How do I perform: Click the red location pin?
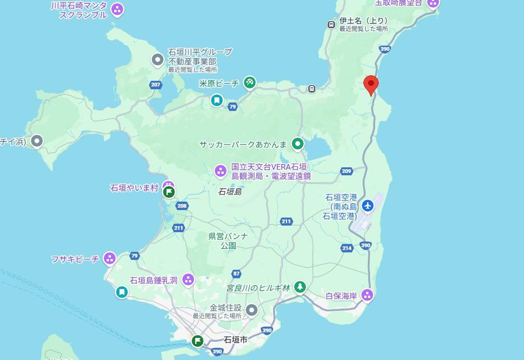pyautogui.click(x=371, y=84)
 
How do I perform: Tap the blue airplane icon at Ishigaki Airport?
pyautogui.click(x=368, y=206)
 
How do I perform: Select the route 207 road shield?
pyautogui.click(x=155, y=84)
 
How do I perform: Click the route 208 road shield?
pyautogui.click(x=182, y=206)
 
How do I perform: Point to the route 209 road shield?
pyautogui.click(x=346, y=171)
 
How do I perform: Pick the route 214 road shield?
pyautogui.click(x=346, y=248)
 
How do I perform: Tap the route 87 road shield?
pyautogui.click(x=236, y=274)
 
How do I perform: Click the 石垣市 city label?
pyautogui.click(x=236, y=340)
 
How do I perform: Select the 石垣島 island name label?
pyautogui.click(x=230, y=192)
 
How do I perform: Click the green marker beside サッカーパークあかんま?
pyautogui.click(x=297, y=144)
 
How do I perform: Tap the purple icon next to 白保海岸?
pyautogui.click(x=367, y=295)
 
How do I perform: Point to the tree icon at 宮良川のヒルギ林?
pyautogui.click(x=300, y=287)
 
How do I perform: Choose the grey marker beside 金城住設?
pyautogui.click(x=251, y=310)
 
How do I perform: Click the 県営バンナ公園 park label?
pyautogui.click(x=228, y=241)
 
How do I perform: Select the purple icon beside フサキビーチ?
pyautogui.click(x=110, y=259)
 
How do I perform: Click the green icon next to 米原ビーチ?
pyautogui.click(x=250, y=83)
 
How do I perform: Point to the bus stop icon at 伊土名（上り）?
pyautogui.click(x=331, y=24)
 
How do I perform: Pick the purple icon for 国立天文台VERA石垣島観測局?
pyautogui.click(x=221, y=171)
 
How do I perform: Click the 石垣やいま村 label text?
pyautogui.click(x=134, y=188)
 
